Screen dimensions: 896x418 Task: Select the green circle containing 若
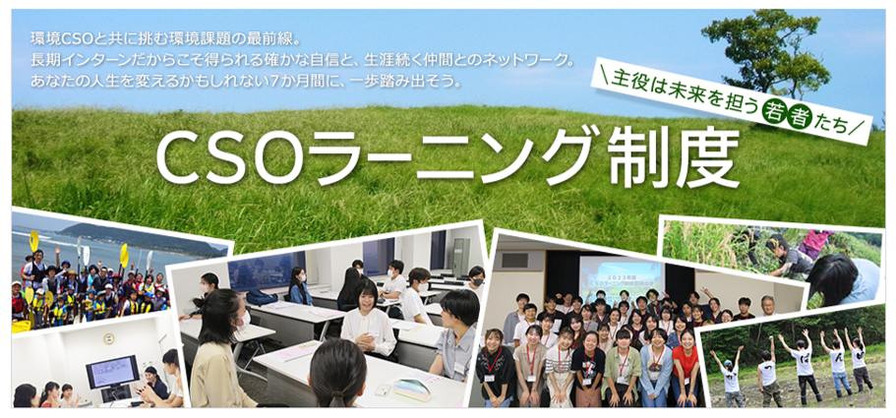[773, 113]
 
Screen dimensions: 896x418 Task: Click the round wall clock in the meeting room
[108, 338]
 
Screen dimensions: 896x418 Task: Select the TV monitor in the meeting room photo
[112, 372]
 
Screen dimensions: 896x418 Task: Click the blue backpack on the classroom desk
[262, 297]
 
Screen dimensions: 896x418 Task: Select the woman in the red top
[685, 366]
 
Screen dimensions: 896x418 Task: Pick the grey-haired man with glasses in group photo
[767, 307]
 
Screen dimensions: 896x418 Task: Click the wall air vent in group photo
[514, 261]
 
